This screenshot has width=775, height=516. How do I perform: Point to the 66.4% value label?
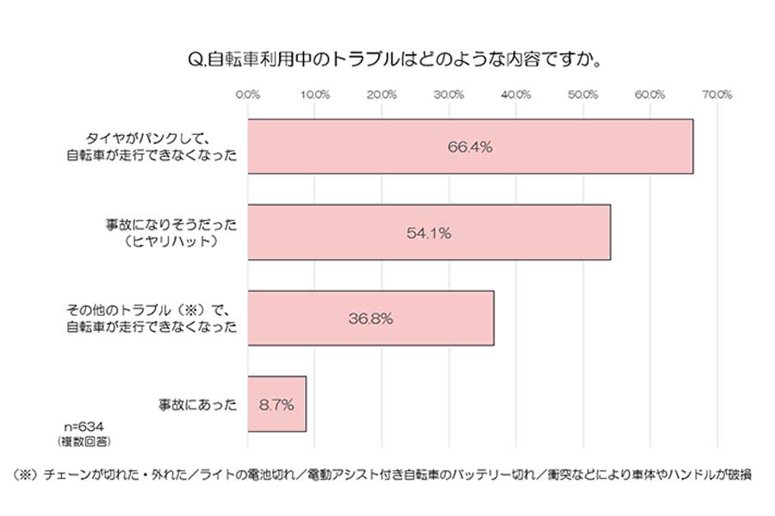[x=469, y=147]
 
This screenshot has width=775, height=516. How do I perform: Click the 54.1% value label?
[x=428, y=233]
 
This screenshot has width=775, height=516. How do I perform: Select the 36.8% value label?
[x=370, y=318]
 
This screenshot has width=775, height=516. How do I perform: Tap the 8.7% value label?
[x=276, y=403]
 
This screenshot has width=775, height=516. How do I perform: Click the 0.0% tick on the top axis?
[x=248, y=95]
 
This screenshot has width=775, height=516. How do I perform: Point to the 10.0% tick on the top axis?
[x=315, y=95]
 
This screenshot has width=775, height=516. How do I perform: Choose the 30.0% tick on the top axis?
[x=449, y=95]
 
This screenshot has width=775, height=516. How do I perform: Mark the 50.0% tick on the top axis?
[x=583, y=95]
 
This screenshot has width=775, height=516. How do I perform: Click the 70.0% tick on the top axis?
[x=717, y=95]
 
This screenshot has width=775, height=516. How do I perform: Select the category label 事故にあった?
[x=196, y=403]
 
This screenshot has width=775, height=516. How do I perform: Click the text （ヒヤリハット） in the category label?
[x=169, y=242]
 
